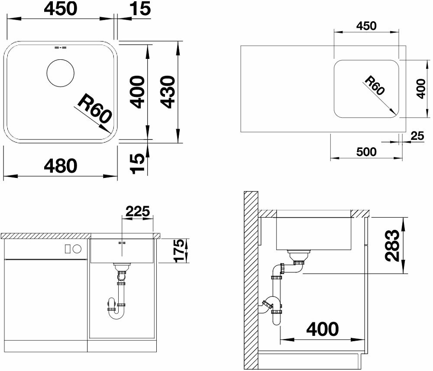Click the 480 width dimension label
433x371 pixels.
pyautogui.click(x=61, y=166)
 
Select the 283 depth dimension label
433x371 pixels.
pyautogui.click(x=392, y=245)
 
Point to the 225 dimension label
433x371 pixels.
pyautogui.click(x=138, y=212)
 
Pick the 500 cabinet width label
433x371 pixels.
pyautogui.click(x=366, y=152)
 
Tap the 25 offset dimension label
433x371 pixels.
pyautogui.click(x=417, y=136)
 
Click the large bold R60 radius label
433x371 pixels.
pyautogui.click(x=95, y=108)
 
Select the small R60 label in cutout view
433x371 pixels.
pyautogui.click(x=375, y=86)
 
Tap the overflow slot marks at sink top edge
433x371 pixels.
pyautogui.click(x=61, y=48)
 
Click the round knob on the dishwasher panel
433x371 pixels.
pyautogui.click(x=78, y=249)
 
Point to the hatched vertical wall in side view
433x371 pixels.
pyautogui.click(x=250, y=280)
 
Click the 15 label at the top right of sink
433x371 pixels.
pyautogui.click(x=141, y=9)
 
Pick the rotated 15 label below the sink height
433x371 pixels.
pyautogui.click(x=137, y=163)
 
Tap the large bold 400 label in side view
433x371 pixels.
pyautogui.click(x=322, y=329)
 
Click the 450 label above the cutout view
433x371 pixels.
pyautogui.click(x=366, y=26)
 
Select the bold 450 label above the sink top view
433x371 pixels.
pyautogui.click(x=61, y=9)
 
